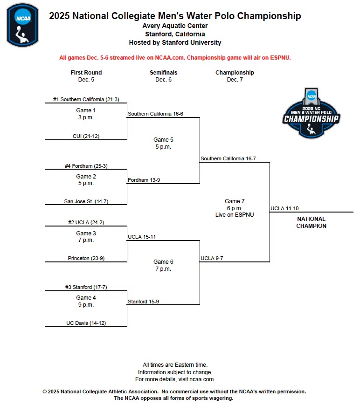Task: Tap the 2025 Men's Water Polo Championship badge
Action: click(312, 114)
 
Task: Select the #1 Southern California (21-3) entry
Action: click(86, 99)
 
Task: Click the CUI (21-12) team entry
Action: click(86, 136)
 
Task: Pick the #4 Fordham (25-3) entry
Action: click(86, 165)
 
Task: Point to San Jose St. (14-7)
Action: click(86, 201)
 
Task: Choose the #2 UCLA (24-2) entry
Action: click(86, 223)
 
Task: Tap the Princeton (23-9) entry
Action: click(86, 258)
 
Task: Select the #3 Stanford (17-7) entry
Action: click(86, 287)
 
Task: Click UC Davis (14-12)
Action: click(86, 323)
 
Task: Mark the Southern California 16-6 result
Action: click(155, 114)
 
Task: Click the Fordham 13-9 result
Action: click(144, 180)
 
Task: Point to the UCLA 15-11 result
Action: click(142, 237)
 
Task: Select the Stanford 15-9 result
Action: click(143, 302)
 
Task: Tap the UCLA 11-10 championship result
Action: click(284, 208)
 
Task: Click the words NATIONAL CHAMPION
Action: click(311, 222)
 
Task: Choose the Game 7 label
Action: click(235, 201)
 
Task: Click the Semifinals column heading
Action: click(163, 73)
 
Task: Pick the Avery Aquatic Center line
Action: click(175, 26)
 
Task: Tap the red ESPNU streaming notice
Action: click(175, 58)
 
